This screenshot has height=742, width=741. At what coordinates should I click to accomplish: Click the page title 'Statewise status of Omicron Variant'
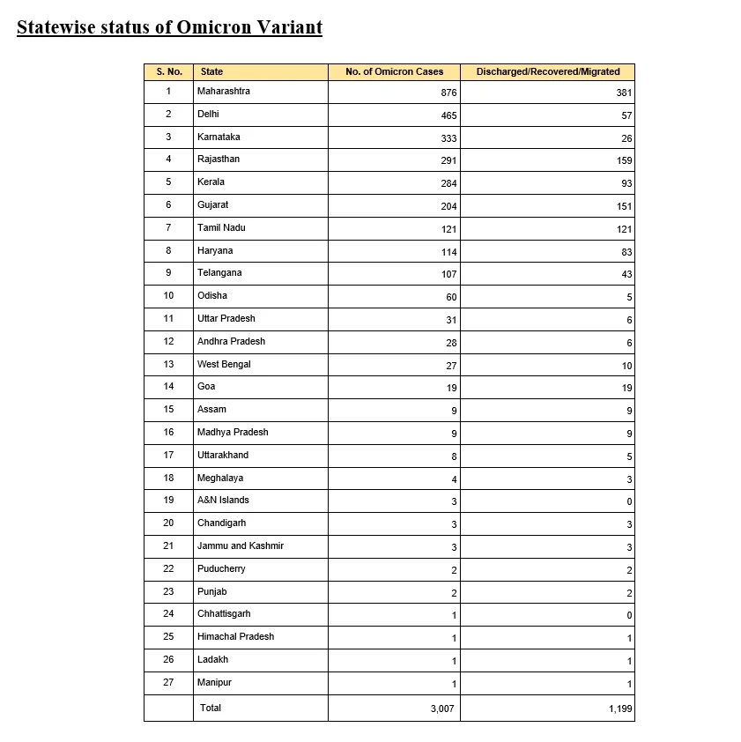click(x=169, y=27)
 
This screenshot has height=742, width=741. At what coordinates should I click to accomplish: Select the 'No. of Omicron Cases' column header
click(x=394, y=72)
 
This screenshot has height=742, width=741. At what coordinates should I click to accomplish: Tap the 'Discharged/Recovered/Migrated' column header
click(x=547, y=72)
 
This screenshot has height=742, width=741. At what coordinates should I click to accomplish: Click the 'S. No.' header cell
click(x=168, y=72)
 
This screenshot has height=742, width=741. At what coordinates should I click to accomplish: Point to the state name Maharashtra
click(x=223, y=92)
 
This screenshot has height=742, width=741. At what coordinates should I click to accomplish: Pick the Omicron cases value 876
click(x=448, y=93)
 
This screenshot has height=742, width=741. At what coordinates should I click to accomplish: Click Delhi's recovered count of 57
click(x=626, y=115)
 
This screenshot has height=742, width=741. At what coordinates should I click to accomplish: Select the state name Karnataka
click(x=219, y=137)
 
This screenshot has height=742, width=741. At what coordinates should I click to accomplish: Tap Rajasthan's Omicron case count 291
click(x=448, y=160)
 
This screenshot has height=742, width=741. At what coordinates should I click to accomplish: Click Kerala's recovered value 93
click(x=626, y=183)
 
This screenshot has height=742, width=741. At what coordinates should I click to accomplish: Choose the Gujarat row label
click(x=212, y=204)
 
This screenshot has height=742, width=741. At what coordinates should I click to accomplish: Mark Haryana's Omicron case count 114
click(x=448, y=252)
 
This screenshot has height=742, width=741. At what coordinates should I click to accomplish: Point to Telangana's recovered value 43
click(x=626, y=274)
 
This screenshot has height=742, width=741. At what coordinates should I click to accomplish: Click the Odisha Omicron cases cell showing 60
click(x=451, y=297)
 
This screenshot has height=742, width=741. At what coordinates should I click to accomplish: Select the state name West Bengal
click(x=224, y=364)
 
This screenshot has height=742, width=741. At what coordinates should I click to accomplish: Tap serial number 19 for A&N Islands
click(x=168, y=501)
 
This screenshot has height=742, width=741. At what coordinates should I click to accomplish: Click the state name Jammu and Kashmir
click(x=240, y=546)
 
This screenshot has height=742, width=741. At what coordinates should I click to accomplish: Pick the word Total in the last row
click(x=211, y=708)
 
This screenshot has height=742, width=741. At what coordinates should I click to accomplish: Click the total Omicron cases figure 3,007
click(x=442, y=709)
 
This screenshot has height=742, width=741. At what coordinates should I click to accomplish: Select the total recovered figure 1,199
click(x=619, y=709)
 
